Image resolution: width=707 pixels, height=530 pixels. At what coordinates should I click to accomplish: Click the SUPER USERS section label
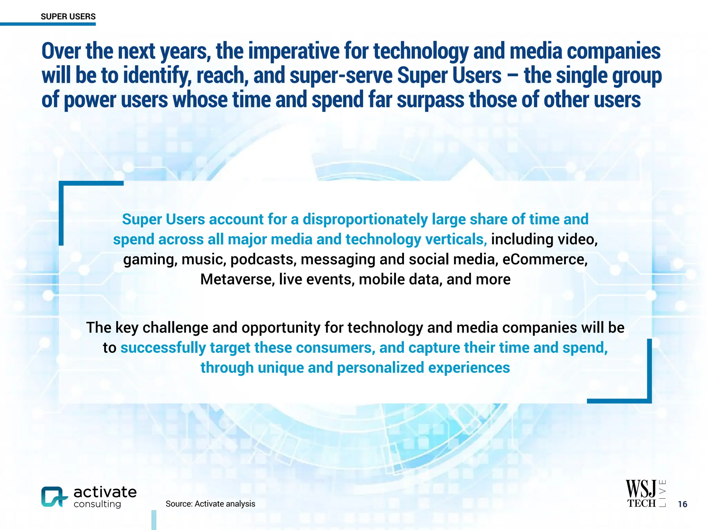pyautogui.click(x=68, y=17)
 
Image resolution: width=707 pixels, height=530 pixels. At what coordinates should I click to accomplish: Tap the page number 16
pyautogui.click(x=682, y=504)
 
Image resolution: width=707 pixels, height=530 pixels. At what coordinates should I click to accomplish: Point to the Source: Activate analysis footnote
pyautogui.click(x=210, y=504)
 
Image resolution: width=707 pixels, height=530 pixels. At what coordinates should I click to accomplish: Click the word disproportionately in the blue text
pyautogui.click(x=365, y=219)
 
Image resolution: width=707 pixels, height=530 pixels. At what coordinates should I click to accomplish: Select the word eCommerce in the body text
pyautogui.click(x=544, y=259)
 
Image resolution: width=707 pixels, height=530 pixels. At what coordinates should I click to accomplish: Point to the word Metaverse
pyautogui.click(x=237, y=279)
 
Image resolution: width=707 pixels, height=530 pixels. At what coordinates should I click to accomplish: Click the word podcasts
pyautogui.click(x=263, y=259)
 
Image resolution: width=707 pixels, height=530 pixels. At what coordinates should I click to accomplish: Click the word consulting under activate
pyautogui.click(x=97, y=504)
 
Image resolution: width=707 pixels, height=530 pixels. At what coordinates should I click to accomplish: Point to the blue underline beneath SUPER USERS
pyautogui.click(x=48, y=24)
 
